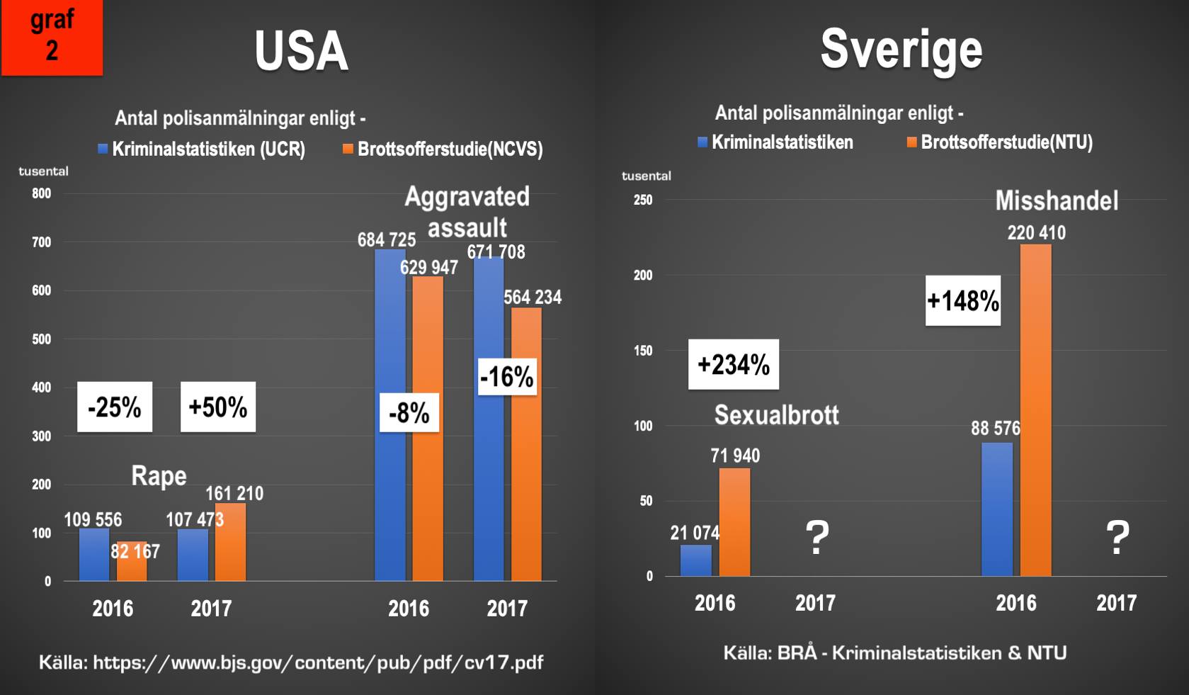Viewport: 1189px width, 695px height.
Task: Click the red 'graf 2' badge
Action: click(52, 37)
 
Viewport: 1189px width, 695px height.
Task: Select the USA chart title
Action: click(301, 51)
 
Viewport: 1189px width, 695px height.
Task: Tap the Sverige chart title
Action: click(901, 49)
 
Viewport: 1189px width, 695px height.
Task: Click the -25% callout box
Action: click(115, 407)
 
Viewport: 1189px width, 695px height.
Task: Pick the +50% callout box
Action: click(218, 407)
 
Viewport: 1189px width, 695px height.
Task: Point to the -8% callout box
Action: click(409, 412)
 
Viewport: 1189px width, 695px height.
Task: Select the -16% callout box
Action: click(507, 376)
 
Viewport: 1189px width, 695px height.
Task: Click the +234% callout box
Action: click(734, 364)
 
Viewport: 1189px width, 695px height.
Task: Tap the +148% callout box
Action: click(963, 300)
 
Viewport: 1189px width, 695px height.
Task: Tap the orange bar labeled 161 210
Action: click(231, 542)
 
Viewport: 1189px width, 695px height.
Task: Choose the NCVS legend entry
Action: click(443, 149)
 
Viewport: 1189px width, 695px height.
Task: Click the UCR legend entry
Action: click(202, 149)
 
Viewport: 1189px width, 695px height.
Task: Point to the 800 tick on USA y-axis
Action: click(42, 193)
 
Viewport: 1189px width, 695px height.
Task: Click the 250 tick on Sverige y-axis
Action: click(643, 200)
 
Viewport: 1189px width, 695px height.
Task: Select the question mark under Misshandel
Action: click(1117, 538)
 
